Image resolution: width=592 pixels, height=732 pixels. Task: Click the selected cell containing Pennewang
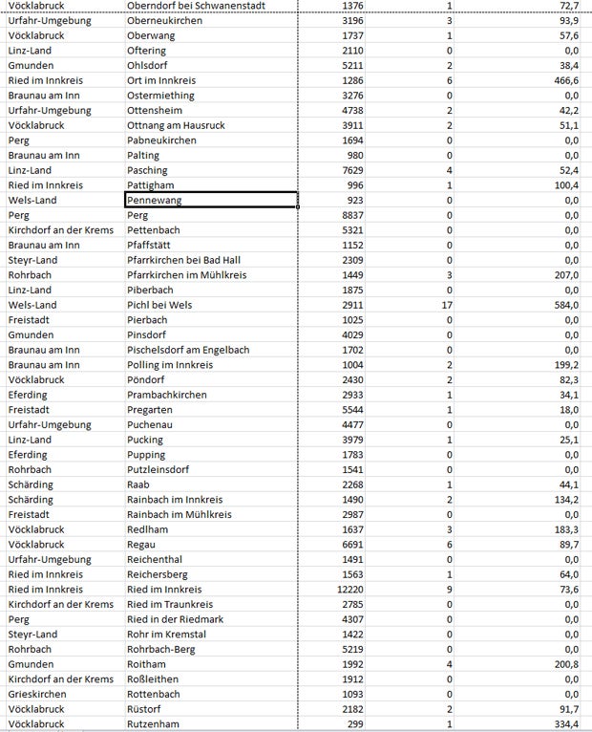click(210, 201)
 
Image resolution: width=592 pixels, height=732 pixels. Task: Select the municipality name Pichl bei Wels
click(159, 305)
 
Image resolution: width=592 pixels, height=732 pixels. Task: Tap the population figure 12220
click(346, 590)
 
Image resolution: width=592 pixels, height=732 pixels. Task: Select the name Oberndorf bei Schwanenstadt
click(202, 6)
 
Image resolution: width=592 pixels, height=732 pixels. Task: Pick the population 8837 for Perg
click(349, 215)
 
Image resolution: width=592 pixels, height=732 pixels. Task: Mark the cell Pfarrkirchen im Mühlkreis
click(187, 275)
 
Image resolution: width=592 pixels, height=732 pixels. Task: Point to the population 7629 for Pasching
click(349, 170)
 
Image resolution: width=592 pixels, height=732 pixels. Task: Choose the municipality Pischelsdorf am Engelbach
click(188, 350)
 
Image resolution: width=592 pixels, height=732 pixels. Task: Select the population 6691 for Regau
click(349, 545)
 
